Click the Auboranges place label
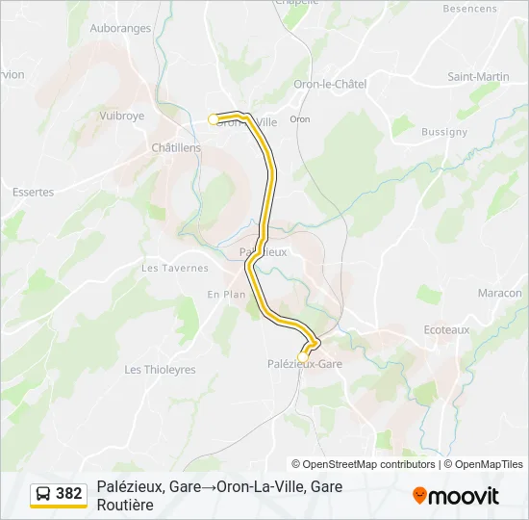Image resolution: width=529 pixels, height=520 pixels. pyautogui.click(x=120, y=28)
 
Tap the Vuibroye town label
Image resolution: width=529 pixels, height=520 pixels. pyautogui.click(x=121, y=115)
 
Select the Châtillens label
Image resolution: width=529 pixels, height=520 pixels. pyautogui.click(x=176, y=147)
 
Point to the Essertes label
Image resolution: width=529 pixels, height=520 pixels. pyautogui.click(x=33, y=192)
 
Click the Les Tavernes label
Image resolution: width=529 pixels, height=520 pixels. pyautogui.click(x=174, y=268)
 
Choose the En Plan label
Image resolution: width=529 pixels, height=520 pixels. pyautogui.click(x=226, y=295)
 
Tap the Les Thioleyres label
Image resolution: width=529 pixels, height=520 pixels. pyautogui.click(x=160, y=369)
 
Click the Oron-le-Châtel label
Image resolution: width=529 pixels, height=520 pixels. pyautogui.click(x=330, y=84)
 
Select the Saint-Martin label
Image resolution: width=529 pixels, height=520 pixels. pyautogui.click(x=478, y=76)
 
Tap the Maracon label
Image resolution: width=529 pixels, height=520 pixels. pyautogui.click(x=499, y=293)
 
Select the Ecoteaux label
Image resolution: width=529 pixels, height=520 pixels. pyautogui.click(x=446, y=329)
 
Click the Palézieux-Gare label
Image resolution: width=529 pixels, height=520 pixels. pyautogui.click(x=304, y=364)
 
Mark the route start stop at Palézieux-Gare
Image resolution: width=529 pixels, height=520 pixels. pyautogui.click(x=303, y=355)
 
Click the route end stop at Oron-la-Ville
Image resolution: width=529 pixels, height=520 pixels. pyautogui.click(x=214, y=119)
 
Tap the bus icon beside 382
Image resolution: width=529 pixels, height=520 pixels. pyautogui.click(x=43, y=494)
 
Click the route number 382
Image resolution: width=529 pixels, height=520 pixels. pyautogui.click(x=69, y=494)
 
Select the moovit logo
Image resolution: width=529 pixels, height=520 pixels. pyautogui.click(x=456, y=496)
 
